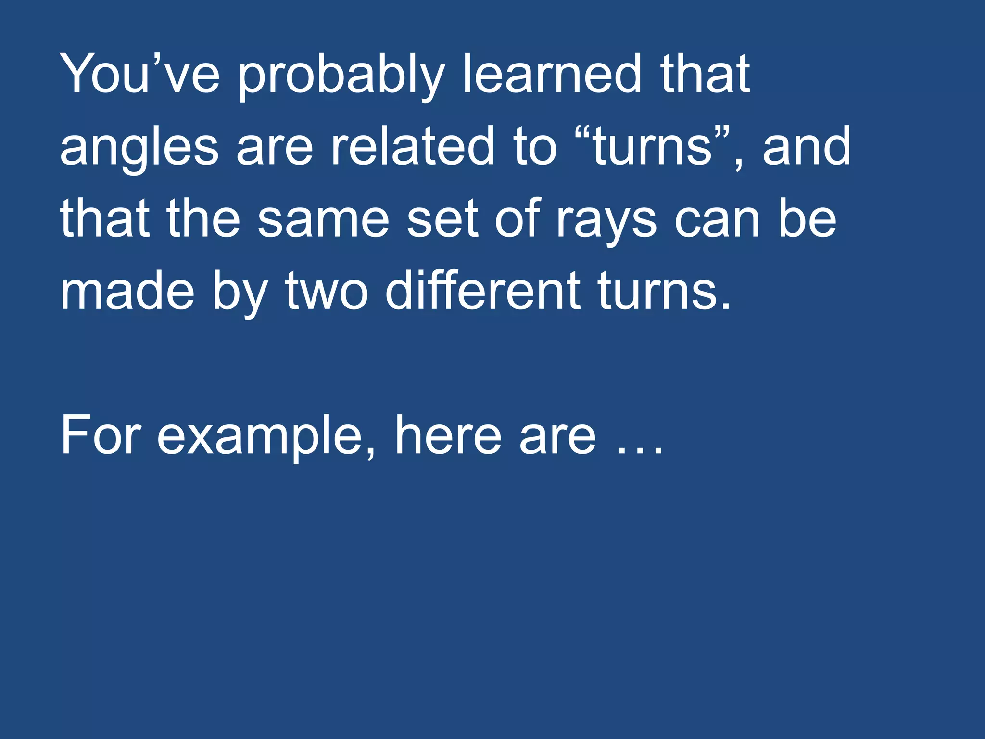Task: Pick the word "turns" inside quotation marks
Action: pyautogui.click(x=652, y=146)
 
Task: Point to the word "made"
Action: pyautogui.click(x=127, y=291)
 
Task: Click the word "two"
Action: pyautogui.click(x=327, y=292)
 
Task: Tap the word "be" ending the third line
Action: pyautogui.click(x=808, y=218)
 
